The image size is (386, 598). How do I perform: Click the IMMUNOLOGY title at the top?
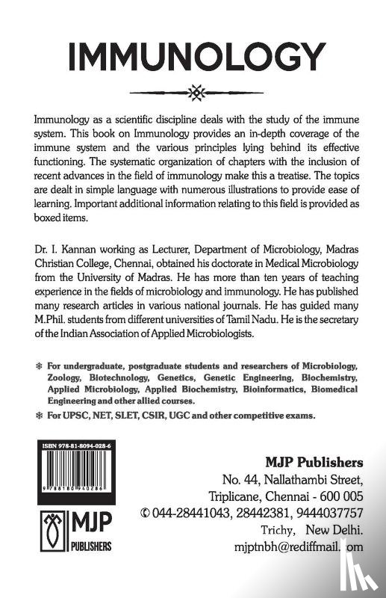click(193, 55)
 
